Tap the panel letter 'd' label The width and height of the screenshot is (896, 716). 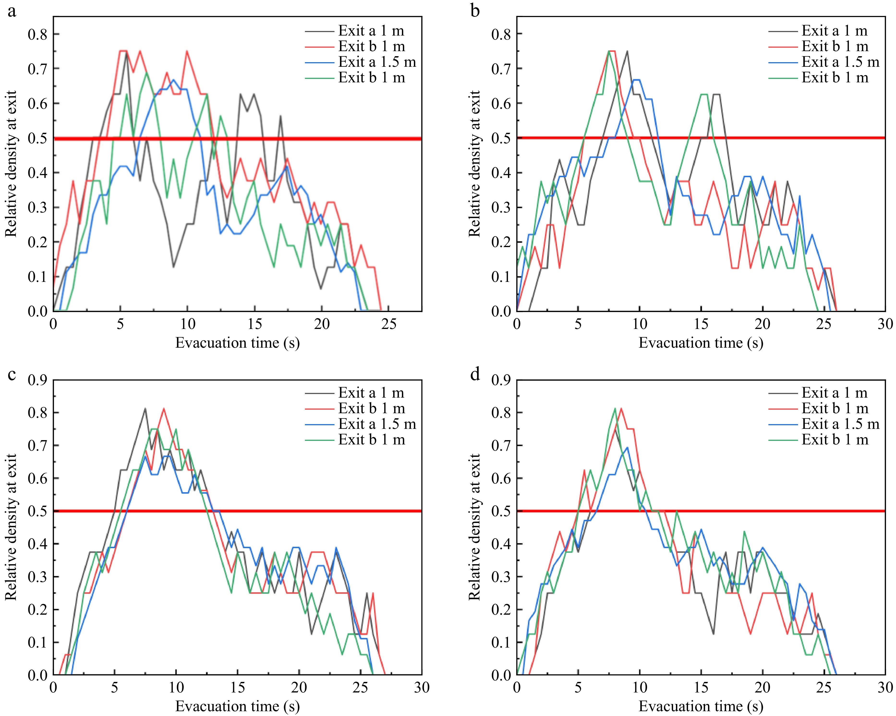475,374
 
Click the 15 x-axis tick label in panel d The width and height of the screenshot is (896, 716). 701,688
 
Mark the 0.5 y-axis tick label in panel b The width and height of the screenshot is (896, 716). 501,138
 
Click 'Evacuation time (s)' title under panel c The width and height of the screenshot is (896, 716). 237,706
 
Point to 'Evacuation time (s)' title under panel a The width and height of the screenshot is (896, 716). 237,343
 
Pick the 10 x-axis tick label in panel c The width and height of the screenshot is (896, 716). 176,688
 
